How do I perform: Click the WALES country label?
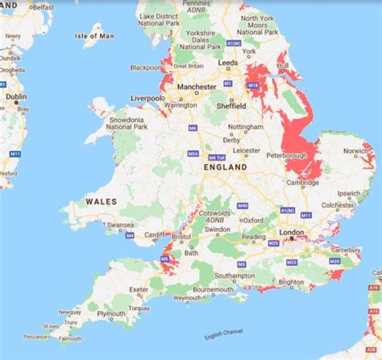click(101, 201)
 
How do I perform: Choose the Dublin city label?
click(16, 97)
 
